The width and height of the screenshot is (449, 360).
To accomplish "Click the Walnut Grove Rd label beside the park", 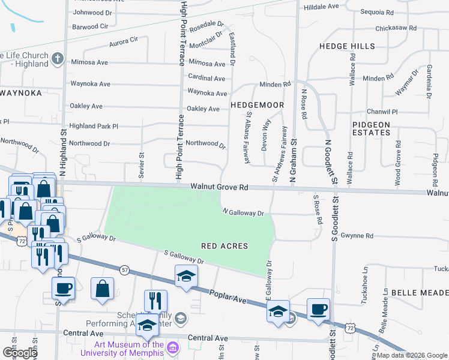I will (220, 187).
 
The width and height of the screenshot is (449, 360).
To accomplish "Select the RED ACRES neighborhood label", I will (224, 246).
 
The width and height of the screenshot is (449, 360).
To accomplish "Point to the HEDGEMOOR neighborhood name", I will (257, 105).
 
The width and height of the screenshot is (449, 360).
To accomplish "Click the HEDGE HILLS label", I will (347, 46).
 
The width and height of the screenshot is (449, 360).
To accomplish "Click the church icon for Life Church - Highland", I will (57, 59).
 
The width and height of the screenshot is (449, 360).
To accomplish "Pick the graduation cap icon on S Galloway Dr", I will (186, 277).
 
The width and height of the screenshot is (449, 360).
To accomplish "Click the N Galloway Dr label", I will (243, 212).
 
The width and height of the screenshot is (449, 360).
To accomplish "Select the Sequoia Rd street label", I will (377, 12).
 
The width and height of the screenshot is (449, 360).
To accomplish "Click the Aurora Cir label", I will (124, 43).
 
